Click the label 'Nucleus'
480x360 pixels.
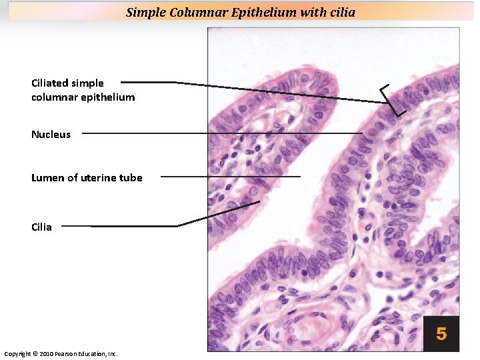[x=51, y=135]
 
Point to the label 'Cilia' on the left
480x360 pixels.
[x=41, y=227]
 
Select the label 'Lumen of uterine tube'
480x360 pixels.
[x=87, y=177]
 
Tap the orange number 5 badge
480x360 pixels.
[x=441, y=333]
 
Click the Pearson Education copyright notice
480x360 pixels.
[x=61, y=353]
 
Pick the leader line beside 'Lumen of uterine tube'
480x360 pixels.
[x=230, y=177]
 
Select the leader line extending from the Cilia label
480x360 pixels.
[x=133, y=226]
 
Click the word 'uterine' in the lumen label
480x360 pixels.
[x=100, y=177]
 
